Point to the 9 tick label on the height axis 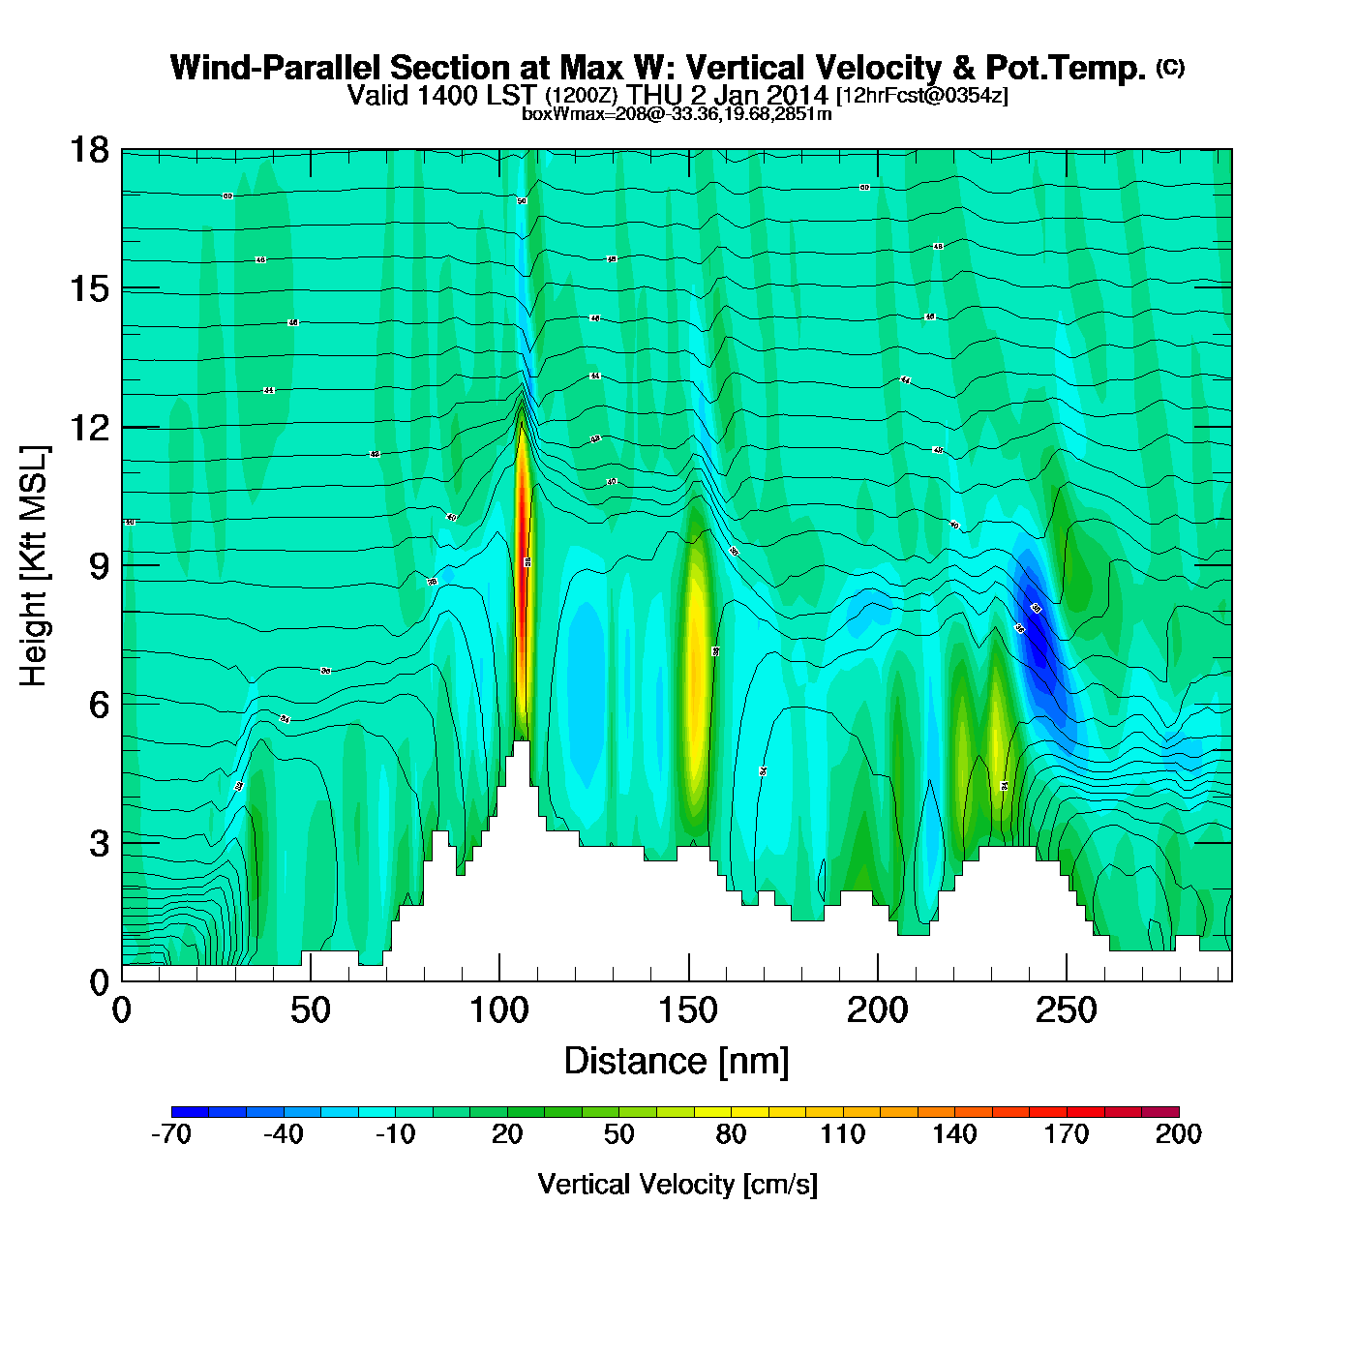pos(98,566)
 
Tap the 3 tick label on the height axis pos(98,844)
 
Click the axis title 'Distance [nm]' pos(677,1062)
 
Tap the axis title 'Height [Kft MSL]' pos(35,566)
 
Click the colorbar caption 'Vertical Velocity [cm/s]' pos(677,1184)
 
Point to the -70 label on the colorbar pos(171,1134)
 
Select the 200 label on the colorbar pos(1178,1134)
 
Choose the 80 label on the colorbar pos(731,1134)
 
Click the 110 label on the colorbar pos(842,1134)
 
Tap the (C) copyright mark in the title pos(1169,67)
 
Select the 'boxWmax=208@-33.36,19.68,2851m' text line pos(677,113)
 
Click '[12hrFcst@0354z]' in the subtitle pos(921,96)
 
